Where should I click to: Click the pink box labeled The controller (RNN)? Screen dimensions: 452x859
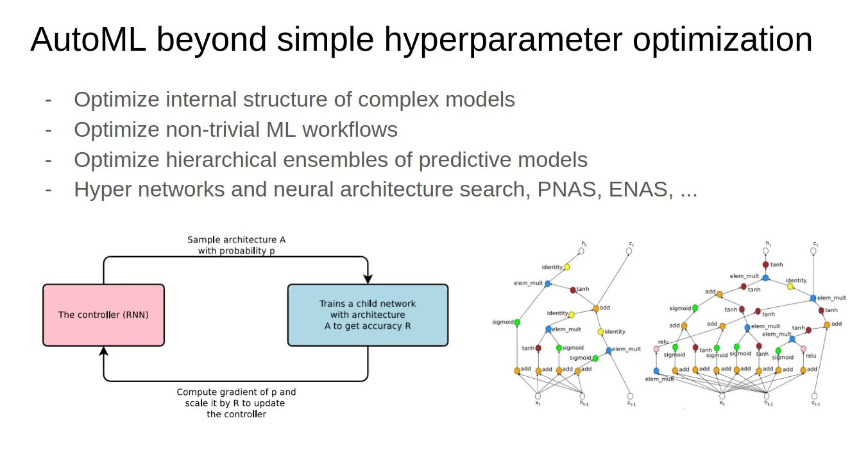pos(103,315)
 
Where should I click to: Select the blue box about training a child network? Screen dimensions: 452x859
pos(368,315)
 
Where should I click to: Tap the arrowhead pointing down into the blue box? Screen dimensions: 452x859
pos(368,278)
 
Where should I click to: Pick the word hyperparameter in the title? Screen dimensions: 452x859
pos(503,40)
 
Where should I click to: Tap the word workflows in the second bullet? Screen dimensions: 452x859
pos(350,130)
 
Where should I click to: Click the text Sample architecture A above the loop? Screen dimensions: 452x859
pos(236,239)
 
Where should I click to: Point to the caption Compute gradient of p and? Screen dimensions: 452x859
pos(236,392)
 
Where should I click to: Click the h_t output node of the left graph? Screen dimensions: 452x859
pos(584,251)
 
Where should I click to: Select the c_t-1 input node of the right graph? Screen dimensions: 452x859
pos(815,396)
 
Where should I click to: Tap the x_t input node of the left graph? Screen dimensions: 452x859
pos(537,396)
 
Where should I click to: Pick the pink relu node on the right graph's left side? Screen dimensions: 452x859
pos(656,349)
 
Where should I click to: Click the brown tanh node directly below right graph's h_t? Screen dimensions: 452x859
pos(765,265)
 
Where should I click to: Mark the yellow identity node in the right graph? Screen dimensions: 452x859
pos(790,286)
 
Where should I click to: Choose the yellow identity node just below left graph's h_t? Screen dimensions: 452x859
pos(566,267)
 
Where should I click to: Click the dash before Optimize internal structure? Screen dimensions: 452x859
pos(49,100)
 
